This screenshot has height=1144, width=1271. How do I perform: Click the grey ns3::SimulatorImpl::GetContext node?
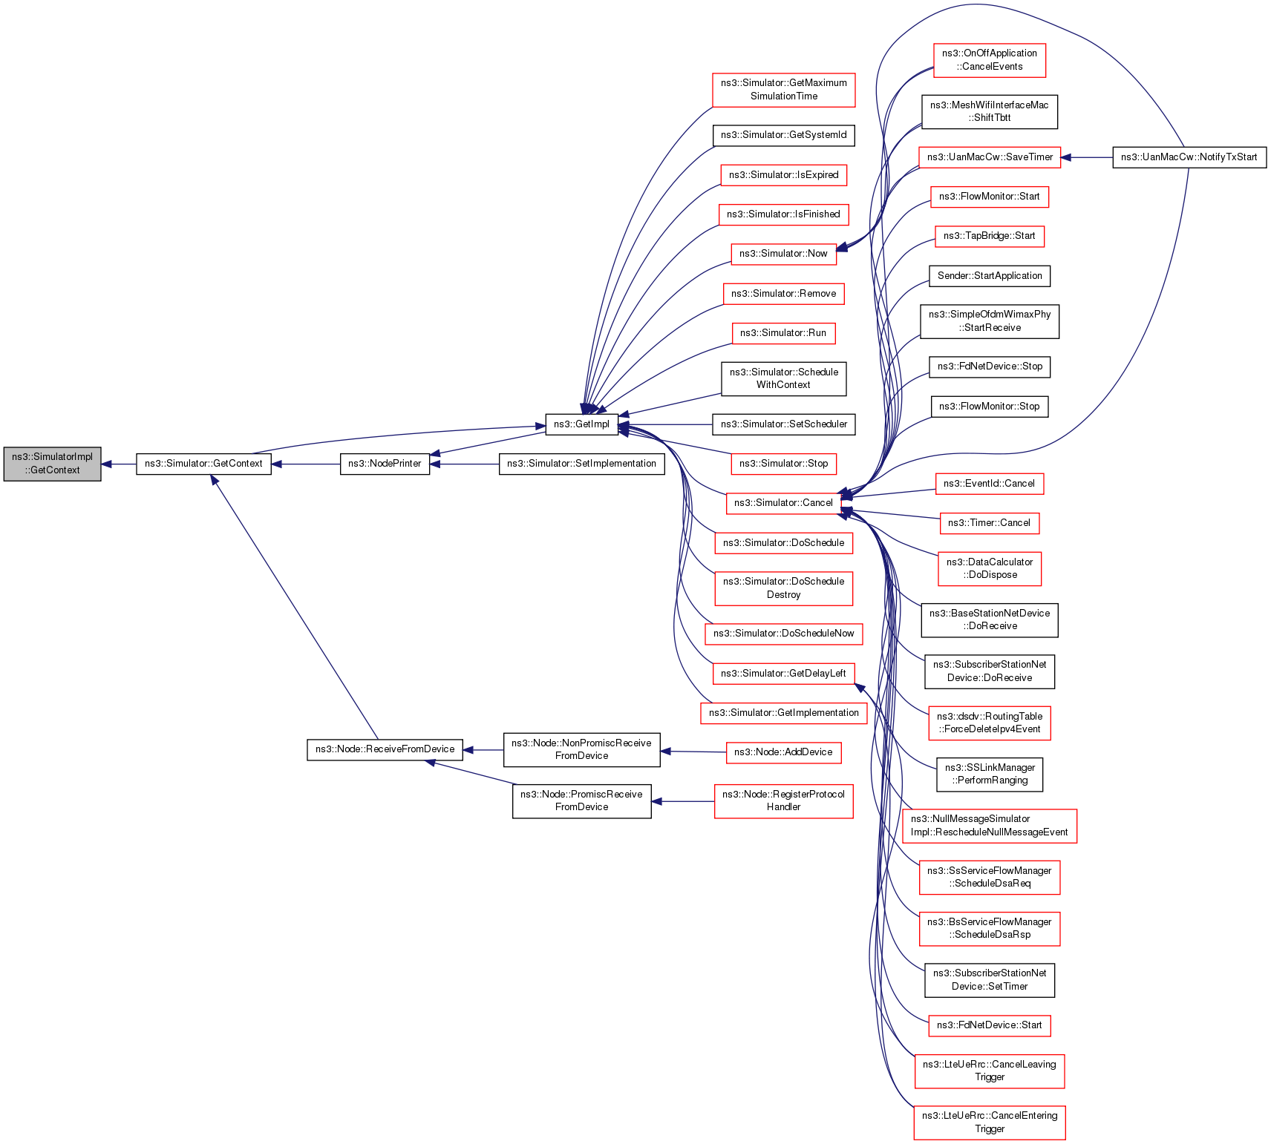pyautogui.click(x=52, y=464)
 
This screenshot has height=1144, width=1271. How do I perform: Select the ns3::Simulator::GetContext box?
pyautogui.click(x=203, y=464)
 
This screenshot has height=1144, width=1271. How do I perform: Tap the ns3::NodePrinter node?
pyautogui.click(x=385, y=464)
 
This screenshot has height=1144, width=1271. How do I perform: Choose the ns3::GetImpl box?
pyautogui.click(x=581, y=424)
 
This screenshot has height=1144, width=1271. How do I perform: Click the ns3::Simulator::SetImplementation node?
pyautogui.click(x=581, y=464)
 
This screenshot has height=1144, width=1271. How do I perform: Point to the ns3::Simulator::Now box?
pyautogui.click(x=783, y=254)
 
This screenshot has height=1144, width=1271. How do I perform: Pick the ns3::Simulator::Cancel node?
pyautogui.click(x=783, y=503)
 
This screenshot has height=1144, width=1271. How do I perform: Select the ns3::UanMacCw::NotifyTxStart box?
pyautogui.click(x=1189, y=157)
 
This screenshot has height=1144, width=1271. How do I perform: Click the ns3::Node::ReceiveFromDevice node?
pyautogui.click(x=385, y=749)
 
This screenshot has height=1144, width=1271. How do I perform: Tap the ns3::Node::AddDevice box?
pyautogui.click(x=783, y=752)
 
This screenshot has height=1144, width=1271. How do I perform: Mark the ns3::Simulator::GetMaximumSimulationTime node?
pyautogui.click(x=783, y=90)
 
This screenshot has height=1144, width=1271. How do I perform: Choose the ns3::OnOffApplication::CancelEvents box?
pyautogui.click(x=989, y=60)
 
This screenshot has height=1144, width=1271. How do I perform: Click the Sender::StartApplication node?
pyautogui.click(x=989, y=276)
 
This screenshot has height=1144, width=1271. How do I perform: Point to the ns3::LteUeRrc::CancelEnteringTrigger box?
pyautogui.click(x=989, y=1122)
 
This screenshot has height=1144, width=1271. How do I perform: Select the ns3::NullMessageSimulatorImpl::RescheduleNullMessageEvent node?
pyautogui.click(x=989, y=826)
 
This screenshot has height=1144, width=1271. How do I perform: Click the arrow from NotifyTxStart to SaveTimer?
pyautogui.click(x=1087, y=157)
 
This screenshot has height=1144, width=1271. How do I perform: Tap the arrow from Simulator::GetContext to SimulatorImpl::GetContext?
pyautogui.click(x=119, y=464)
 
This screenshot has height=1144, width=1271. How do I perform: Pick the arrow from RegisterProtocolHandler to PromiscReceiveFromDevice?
pyautogui.click(x=683, y=801)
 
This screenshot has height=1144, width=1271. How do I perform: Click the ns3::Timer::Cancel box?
pyautogui.click(x=989, y=523)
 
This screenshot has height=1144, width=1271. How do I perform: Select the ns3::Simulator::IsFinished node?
pyautogui.click(x=783, y=214)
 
